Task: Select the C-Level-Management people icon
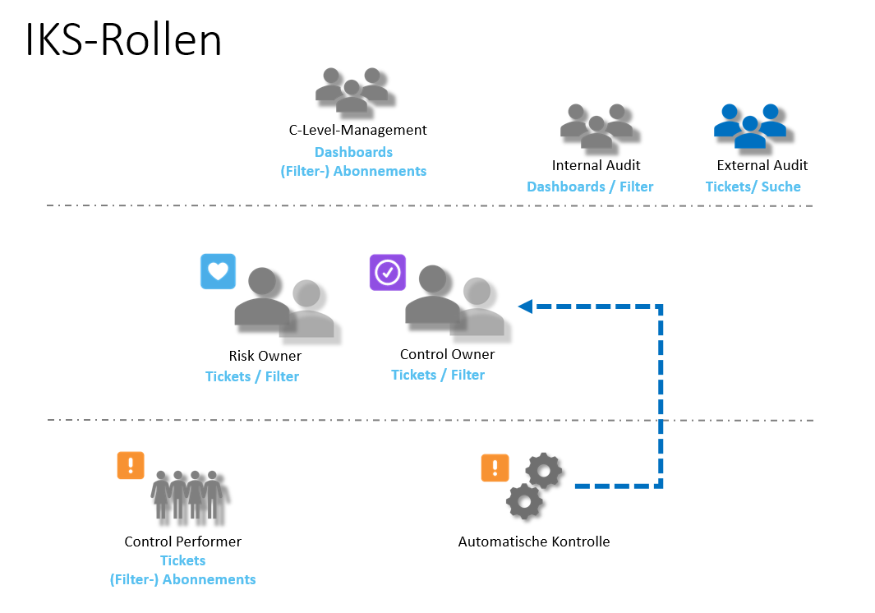click(x=352, y=90)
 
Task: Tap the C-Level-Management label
click(x=357, y=130)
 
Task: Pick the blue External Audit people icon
click(x=749, y=126)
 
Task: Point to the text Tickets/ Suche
click(x=753, y=187)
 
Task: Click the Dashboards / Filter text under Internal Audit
click(x=590, y=187)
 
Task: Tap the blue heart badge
click(x=218, y=272)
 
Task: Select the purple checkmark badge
click(x=387, y=272)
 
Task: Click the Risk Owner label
click(x=265, y=356)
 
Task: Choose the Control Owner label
click(x=447, y=354)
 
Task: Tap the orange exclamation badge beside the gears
click(x=495, y=468)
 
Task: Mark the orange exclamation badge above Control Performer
click(x=131, y=465)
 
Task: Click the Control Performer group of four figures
click(x=188, y=495)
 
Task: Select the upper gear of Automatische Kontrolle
click(x=544, y=471)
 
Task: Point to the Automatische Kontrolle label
click(x=533, y=542)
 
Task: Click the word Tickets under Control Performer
click(x=182, y=560)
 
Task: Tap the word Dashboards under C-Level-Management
click(x=353, y=152)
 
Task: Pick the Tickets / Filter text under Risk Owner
click(x=252, y=376)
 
